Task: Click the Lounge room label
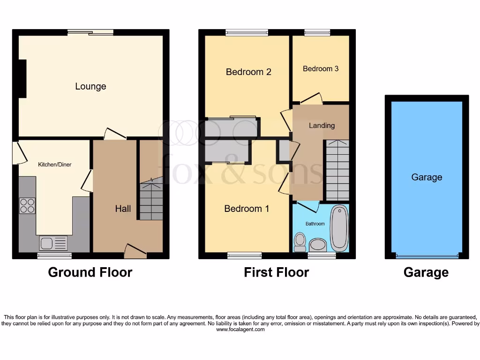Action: (90, 86)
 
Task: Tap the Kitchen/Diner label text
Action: (55, 165)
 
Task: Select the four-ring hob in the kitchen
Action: (27, 206)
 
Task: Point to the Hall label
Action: (123, 209)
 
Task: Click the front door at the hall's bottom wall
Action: (135, 251)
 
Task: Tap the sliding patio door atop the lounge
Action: (90, 32)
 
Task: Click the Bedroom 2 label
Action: (248, 72)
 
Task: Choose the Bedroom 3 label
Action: (321, 68)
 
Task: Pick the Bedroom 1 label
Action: (247, 209)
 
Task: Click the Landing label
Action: (322, 125)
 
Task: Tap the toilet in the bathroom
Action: (299, 242)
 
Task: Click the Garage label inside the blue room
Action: (427, 177)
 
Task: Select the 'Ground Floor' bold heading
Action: (90, 272)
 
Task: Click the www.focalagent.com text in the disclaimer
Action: (240, 330)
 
